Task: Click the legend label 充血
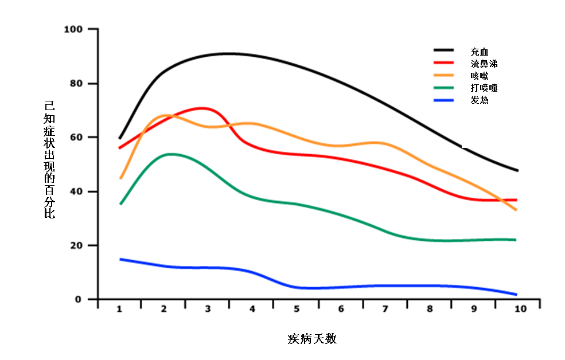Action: [478, 52]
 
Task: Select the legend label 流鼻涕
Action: [483, 64]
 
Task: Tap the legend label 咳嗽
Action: [478, 76]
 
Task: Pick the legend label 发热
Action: [478, 100]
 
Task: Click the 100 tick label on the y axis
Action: [74, 29]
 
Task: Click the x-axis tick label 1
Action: [120, 309]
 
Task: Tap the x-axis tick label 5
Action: [297, 309]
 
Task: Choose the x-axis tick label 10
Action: [520, 309]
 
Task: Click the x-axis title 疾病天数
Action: [312, 338]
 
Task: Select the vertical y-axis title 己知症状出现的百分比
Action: [50, 161]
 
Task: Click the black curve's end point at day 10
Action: [517, 170]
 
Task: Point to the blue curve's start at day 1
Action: [120, 259]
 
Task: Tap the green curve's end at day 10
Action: [516, 240]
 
